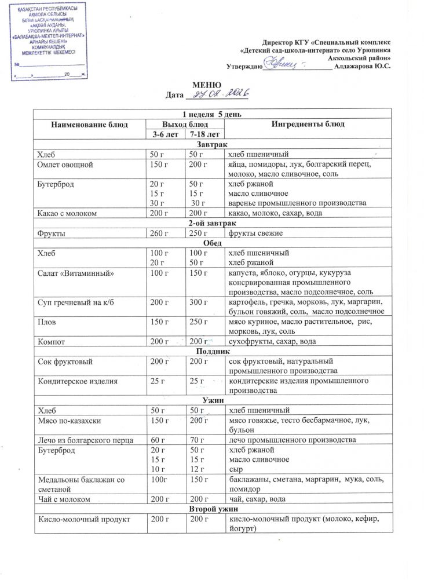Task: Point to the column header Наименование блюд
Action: point(89,124)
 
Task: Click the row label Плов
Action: point(46,322)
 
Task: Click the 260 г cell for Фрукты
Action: point(158,233)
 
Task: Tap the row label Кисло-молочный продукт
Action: point(83,519)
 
